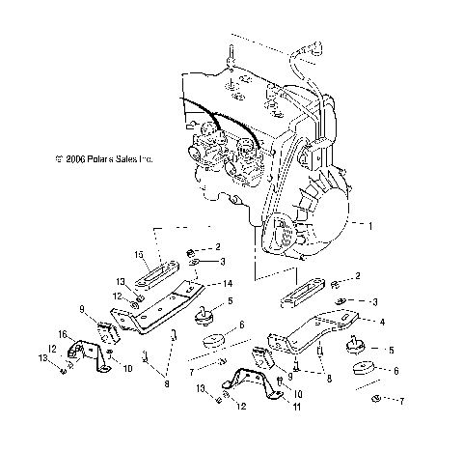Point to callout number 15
pyautogui.click(x=138, y=255)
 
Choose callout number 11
pyautogui.click(x=296, y=409)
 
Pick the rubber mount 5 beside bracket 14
pyautogui.click(x=205, y=315)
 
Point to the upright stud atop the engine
pyautogui.click(x=232, y=56)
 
